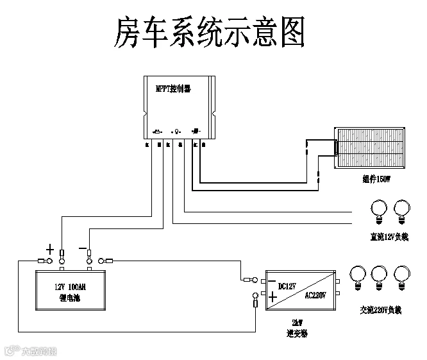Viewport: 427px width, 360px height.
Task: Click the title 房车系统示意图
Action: click(209, 33)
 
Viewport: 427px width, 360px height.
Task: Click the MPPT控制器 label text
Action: click(173, 88)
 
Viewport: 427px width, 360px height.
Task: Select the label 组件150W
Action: click(375, 180)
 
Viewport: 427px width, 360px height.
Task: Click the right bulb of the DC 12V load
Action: click(402, 209)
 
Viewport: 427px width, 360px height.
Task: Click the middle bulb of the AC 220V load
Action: click(380, 275)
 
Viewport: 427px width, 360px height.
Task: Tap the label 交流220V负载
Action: click(380, 310)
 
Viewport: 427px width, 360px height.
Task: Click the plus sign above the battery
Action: click(50, 248)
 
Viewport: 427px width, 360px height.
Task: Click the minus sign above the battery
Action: click(83, 247)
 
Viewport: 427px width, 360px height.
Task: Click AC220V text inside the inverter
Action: click(315, 295)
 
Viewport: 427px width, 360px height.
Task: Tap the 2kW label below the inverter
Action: click(297, 323)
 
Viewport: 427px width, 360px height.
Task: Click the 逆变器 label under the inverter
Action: click(297, 334)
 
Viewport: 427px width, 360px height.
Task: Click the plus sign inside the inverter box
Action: click(272, 297)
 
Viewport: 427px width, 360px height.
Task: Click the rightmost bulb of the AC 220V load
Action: click(402, 275)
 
